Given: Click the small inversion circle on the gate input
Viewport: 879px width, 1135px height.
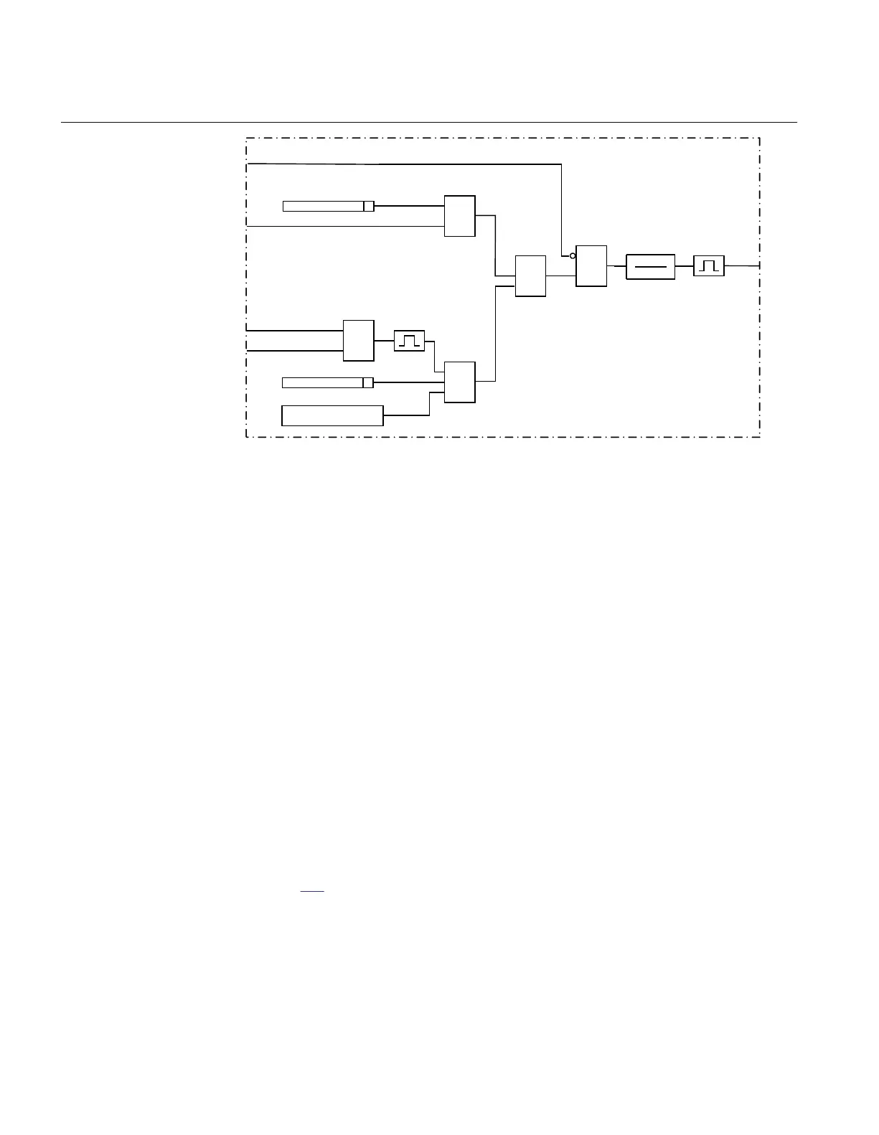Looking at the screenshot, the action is [573, 255].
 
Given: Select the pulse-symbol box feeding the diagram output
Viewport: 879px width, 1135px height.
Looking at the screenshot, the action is [709, 266].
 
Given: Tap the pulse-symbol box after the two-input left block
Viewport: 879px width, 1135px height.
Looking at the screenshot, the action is [409, 341].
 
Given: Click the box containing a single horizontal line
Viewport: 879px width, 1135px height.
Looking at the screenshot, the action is [650, 267].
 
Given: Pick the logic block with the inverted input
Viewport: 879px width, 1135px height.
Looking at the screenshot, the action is [591, 266].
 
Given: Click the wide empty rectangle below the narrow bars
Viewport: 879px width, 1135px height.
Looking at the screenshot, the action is [332, 415].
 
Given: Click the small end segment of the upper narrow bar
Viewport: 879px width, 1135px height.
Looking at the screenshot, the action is [369, 207].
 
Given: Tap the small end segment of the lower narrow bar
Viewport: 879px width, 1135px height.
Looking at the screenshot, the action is [368, 382].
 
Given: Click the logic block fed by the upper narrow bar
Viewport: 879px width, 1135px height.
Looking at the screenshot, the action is [459, 215].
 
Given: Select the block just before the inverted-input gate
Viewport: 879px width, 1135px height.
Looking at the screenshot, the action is [530, 275].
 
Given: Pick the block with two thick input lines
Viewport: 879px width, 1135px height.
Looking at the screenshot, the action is [358, 340].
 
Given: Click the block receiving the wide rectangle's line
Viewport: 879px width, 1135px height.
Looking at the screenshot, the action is [459, 382].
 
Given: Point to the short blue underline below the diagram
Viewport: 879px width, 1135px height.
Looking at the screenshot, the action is [312, 891].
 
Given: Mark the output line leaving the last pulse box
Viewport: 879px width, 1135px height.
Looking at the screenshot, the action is [742, 265].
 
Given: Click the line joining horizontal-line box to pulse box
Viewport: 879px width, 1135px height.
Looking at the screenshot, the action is [684, 266].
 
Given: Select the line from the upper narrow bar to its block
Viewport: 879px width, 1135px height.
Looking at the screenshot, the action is [409, 206].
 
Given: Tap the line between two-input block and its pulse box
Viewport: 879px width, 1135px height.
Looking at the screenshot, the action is [384, 341].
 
